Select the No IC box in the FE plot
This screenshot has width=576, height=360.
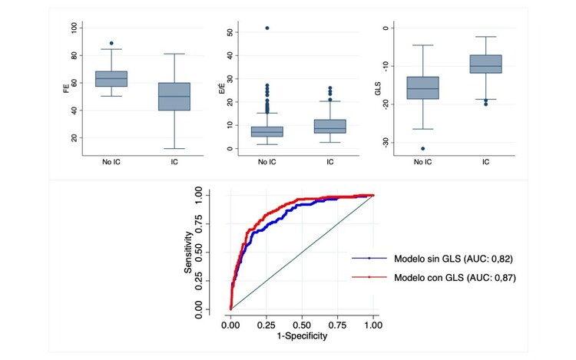pos(111,78)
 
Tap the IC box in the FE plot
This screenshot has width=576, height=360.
pos(174,96)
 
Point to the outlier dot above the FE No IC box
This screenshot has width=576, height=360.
pos(111,43)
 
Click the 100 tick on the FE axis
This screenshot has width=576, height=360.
pos(74,28)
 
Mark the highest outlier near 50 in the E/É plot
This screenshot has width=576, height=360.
pos(266,28)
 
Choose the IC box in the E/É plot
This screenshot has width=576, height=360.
pos(329,127)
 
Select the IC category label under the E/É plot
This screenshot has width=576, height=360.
pos(329,162)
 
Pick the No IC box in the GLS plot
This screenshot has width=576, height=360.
pos(423,88)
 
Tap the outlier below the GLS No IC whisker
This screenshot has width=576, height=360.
pos(423,148)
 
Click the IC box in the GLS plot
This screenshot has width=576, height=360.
pos(486,64)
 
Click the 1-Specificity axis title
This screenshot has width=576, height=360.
pos(302,336)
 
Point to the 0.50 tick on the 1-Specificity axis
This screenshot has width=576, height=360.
pos(302,325)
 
